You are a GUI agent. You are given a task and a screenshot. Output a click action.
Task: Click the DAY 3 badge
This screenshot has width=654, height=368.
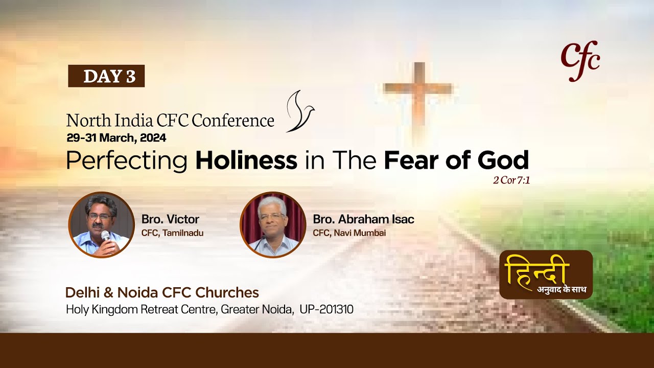pos(106,76)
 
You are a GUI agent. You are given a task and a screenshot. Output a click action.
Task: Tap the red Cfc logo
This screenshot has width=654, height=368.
pos(580,61)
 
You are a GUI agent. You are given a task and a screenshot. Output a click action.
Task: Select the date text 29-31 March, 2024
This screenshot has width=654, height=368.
pos(116,137)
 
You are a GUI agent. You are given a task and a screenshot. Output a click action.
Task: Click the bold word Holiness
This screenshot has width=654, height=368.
pos(246,160)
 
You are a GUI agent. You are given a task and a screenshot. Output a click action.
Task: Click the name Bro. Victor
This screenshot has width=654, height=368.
pos(170,219)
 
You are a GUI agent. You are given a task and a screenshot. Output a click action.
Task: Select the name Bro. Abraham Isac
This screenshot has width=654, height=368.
pos(363,219)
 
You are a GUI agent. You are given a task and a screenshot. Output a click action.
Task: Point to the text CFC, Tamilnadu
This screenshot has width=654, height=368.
pos(172,233)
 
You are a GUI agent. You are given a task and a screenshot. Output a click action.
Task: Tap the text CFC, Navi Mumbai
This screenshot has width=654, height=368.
pos(349,233)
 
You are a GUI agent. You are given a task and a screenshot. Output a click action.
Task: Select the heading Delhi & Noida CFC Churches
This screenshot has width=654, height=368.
pos(162,293)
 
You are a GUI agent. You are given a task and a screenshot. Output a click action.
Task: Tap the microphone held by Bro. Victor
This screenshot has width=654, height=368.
pos(105,237)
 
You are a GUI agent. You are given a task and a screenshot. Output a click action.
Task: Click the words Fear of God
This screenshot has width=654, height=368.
pos(456,160)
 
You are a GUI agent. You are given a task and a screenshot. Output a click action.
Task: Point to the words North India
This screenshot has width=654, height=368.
pos(108,121)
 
